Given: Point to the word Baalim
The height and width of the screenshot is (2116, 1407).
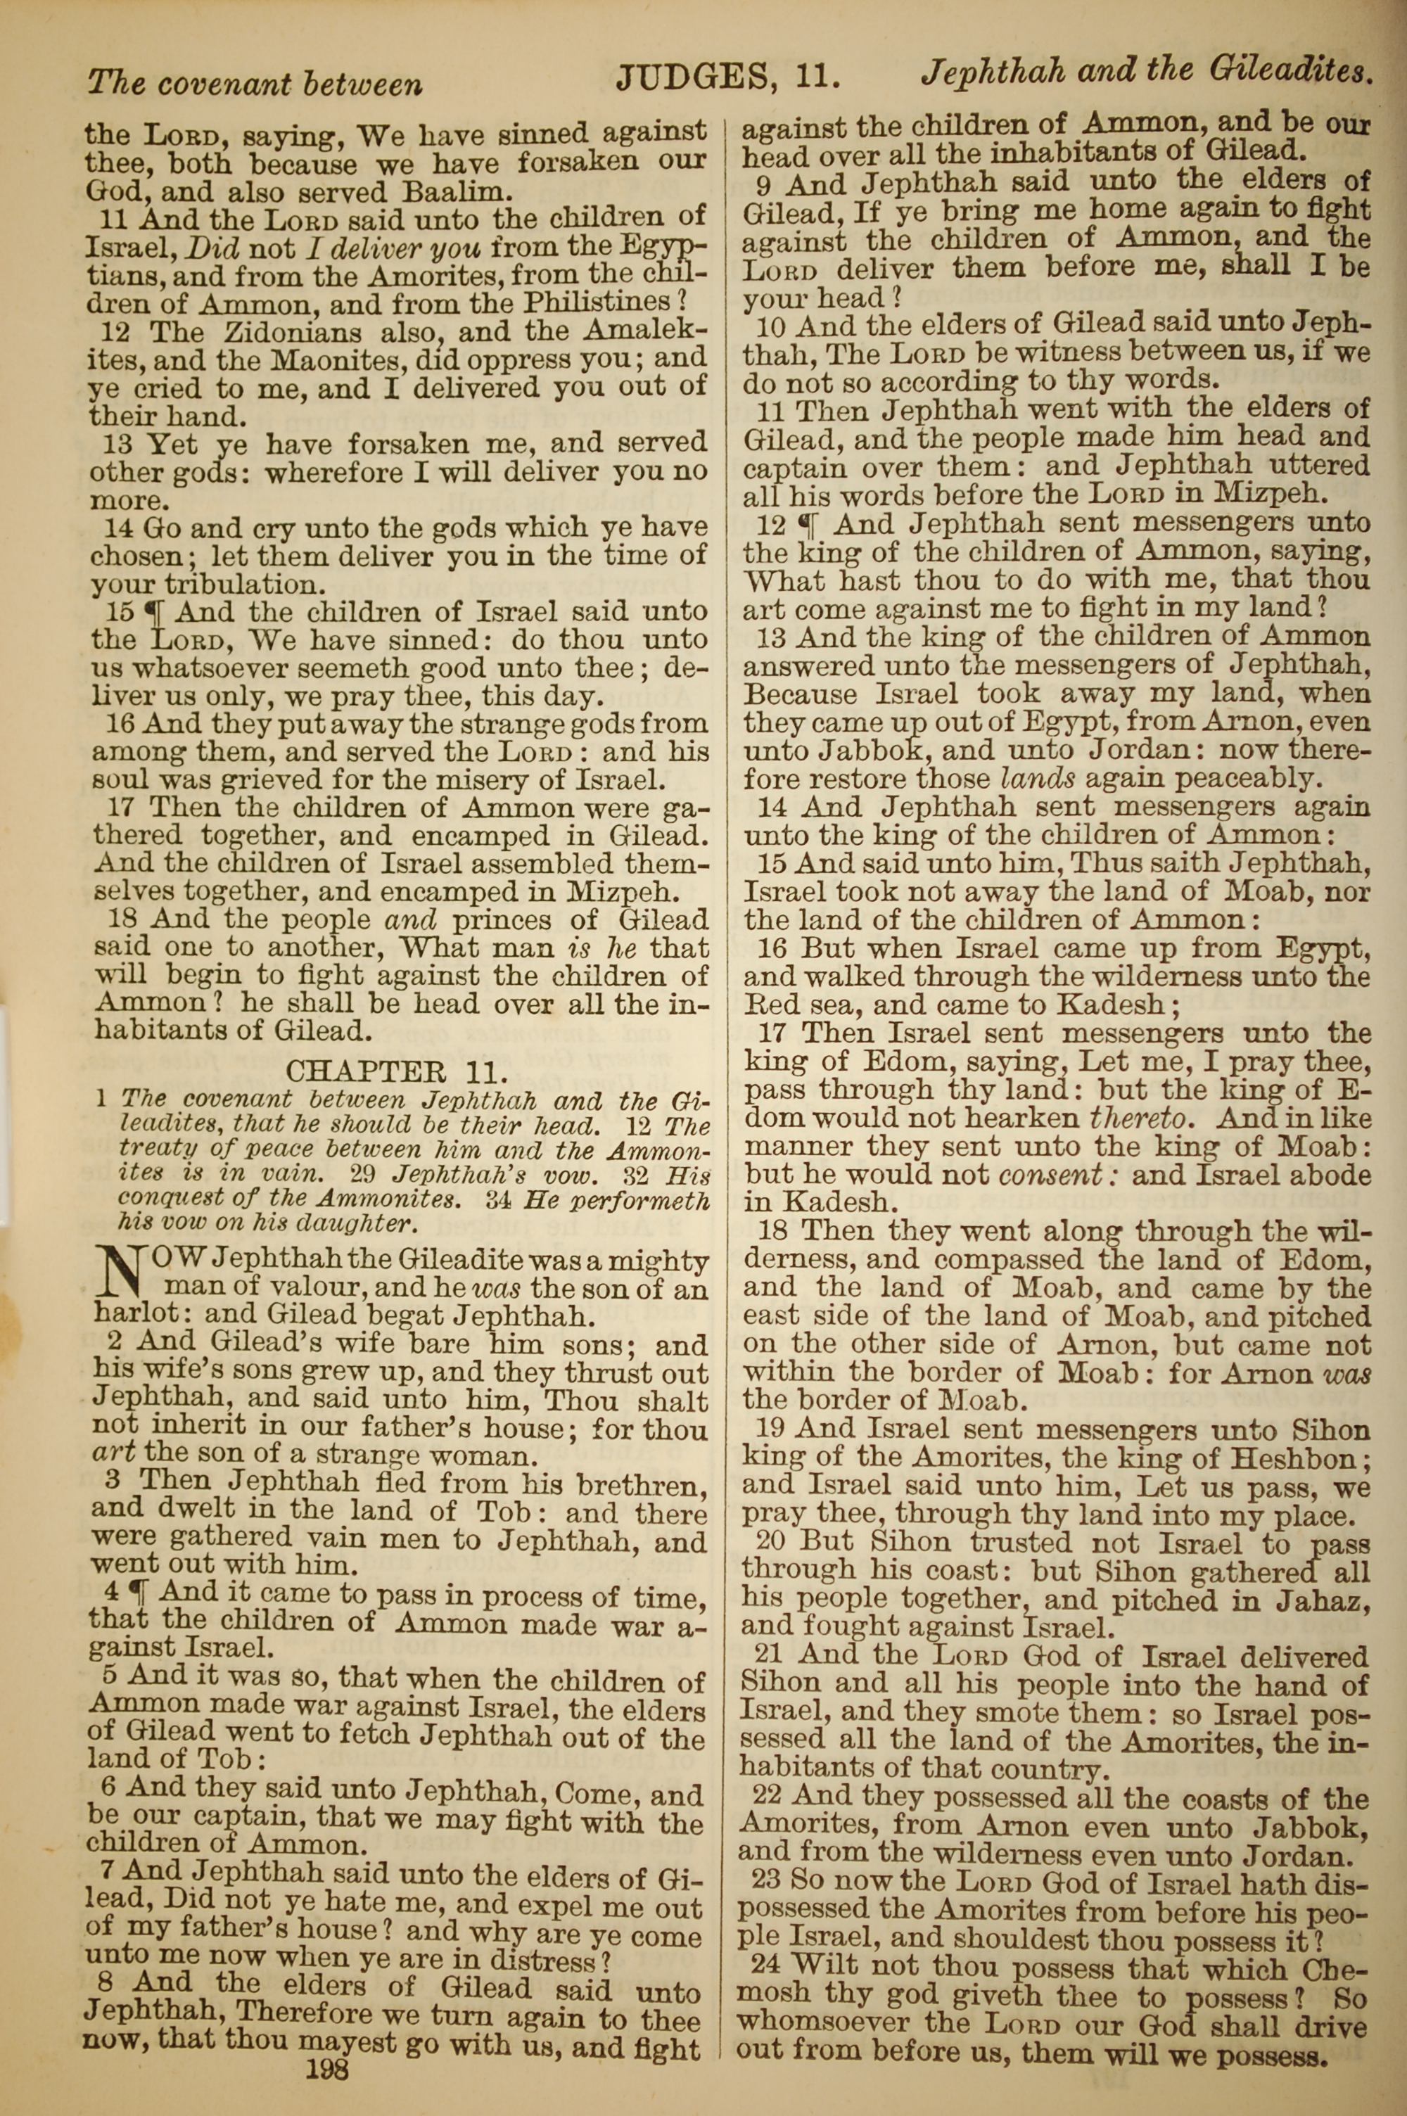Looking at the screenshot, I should click(457, 192).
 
